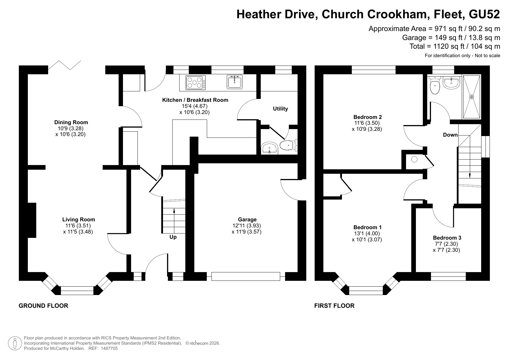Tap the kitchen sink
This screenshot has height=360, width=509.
click(x=234, y=82)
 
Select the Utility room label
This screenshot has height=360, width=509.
click(x=280, y=109)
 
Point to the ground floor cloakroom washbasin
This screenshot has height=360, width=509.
click(x=270, y=148)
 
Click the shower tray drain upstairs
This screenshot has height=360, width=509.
click(x=471, y=97)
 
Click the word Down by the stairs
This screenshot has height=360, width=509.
click(x=450, y=135)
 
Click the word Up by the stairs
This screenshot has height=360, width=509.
click(x=173, y=237)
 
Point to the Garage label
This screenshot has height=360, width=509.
click(x=247, y=220)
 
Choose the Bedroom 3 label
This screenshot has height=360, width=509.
click(x=447, y=238)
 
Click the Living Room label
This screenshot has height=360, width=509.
click(x=79, y=220)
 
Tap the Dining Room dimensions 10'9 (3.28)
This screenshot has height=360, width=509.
click(x=71, y=129)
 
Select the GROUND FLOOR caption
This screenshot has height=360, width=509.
click(x=44, y=306)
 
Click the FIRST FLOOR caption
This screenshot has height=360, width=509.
click(x=334, y=306)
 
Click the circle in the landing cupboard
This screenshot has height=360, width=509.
click(x=414, y=159)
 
